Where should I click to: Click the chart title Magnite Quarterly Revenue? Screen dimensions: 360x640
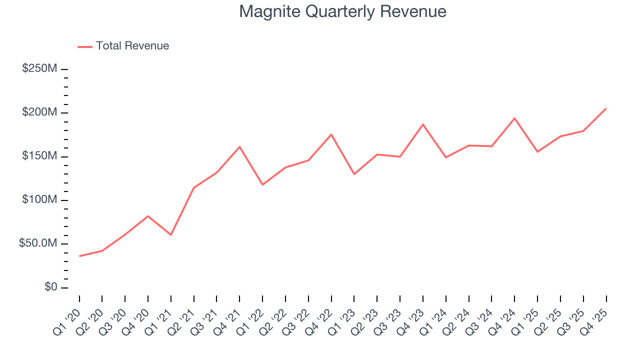(342, 11)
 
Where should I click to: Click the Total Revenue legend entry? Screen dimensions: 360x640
(132, 46)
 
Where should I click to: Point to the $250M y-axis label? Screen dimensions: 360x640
(39, 68)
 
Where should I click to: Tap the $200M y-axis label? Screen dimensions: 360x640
(39, 112)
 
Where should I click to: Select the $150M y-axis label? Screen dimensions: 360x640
(39, 156)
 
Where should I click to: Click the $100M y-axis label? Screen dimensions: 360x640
(39, 200)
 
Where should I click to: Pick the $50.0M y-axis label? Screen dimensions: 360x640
(38, 244)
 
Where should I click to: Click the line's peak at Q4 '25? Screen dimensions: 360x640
(606, 108)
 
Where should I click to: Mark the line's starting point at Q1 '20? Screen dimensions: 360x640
(79, 256)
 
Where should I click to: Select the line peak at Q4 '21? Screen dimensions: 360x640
(239, 146)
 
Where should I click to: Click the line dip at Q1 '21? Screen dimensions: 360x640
(171, 234)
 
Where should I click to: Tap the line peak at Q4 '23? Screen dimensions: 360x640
(423, 124)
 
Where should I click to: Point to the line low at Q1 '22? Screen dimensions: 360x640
(262, 184)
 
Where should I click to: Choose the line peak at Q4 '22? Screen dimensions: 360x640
(331, 134)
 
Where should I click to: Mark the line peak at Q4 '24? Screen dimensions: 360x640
(514, 118)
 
